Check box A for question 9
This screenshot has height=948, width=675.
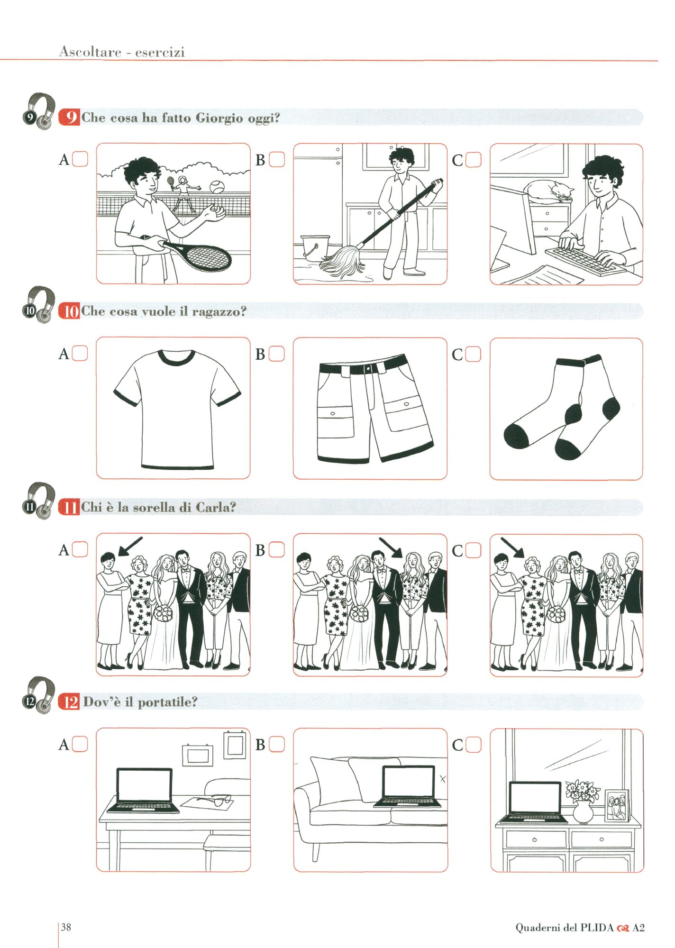click(80, 159)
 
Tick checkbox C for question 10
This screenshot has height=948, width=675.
click(473, 354)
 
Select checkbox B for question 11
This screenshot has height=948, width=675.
click(277, 550)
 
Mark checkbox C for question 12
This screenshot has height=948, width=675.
click(473, 745)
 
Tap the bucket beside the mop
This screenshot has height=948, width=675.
click(314, 247)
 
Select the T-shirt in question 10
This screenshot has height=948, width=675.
click(177, 409)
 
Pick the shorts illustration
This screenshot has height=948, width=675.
click(374, 409)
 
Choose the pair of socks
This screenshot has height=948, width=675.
click(562, 408)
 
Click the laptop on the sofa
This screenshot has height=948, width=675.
click(408, 786)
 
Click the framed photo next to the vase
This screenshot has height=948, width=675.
click(618, 806)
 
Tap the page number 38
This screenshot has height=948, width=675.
click(66, 927)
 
